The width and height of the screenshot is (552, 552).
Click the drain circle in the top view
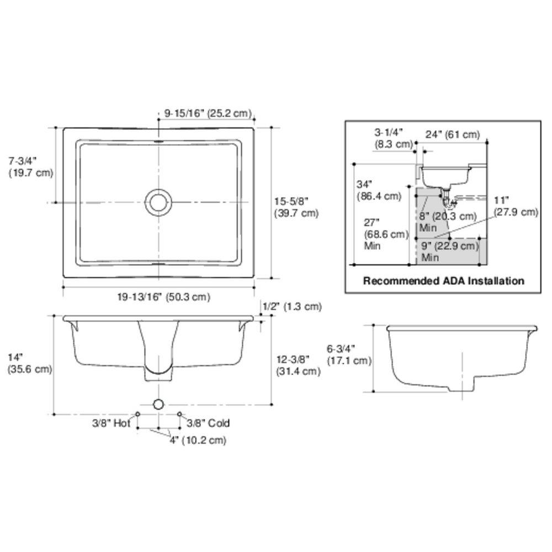point(158,202)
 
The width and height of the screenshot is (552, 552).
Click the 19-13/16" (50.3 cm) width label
point(164,296)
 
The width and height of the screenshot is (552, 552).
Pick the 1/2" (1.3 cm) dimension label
point(292,306)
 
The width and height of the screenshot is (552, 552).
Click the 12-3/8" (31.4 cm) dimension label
point(298,365)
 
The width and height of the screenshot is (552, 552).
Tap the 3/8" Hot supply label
point(110,423)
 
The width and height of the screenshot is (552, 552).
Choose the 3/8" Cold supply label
point(208,423)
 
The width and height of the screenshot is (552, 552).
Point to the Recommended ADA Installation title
point(443,281)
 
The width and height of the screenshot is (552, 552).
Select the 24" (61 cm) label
point(452,134)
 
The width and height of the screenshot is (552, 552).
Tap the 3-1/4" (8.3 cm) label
point(393,138)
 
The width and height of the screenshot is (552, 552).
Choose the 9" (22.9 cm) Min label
point(448,251)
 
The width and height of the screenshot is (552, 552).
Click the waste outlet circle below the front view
point(159,404)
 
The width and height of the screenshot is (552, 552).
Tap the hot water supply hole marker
point(138,413)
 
